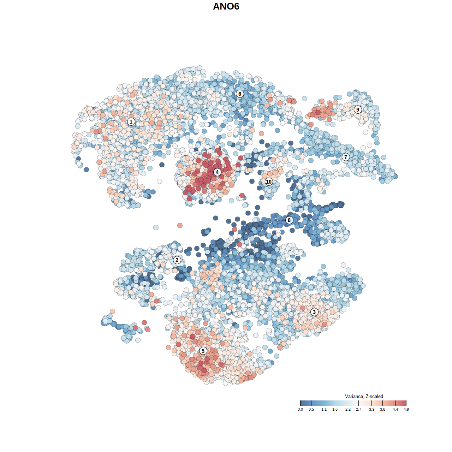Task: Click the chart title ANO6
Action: (x=226, y=6)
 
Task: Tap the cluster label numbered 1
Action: (x=131, y=121)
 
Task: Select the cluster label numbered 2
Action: (x=177, y=260)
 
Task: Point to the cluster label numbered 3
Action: (x=314, y=312)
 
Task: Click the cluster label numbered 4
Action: (x=217, y=172)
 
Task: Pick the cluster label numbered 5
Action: (x=203, y=351)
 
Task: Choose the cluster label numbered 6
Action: (x=240, y=94)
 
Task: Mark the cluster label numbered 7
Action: (x=346, y=157)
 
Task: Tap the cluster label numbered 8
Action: (x=289, y=220)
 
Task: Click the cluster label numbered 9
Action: (x=358, y=109)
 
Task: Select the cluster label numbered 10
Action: (x=269, y=182)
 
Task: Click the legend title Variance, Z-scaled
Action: (x=364, y=396)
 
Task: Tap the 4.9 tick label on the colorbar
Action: (x=406, y=409)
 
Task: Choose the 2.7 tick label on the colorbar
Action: (x=359, y=409)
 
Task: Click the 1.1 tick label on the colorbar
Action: (x=324, y=409)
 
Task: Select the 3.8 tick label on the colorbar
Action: (x=382, y=409)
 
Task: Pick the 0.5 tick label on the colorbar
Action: (x=311, y=409)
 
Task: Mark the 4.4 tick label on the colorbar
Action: (x=395, y=409)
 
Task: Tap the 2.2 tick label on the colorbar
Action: (x=348, y=409)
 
